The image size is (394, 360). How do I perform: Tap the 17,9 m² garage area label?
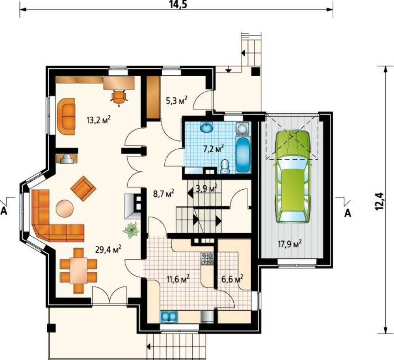coord(290,244)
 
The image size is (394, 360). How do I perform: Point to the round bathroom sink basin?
coord(207,127)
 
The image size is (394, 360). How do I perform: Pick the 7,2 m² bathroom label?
coord(213,149)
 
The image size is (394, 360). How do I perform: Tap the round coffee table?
coord(65,208)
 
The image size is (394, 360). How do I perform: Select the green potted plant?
coord(131,230)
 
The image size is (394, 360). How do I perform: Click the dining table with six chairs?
coord(79,270)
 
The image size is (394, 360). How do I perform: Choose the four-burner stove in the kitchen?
coord(207,258)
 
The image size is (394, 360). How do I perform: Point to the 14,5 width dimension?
coord(178,4)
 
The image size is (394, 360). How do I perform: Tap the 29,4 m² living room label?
coord(108,249)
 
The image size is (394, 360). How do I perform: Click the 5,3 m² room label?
coord(177,101)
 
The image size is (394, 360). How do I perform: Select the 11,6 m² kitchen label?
coord(178,279)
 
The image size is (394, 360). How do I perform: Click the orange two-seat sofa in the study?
coord(66,116)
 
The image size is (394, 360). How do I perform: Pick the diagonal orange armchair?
coord(83,188)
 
